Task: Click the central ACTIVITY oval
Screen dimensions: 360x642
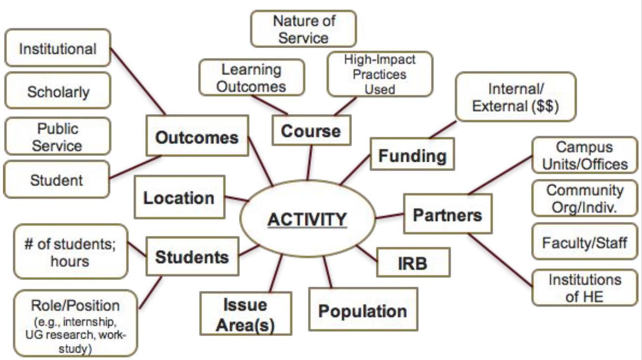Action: coord(307,219)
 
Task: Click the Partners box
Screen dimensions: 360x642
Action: coord(447,214)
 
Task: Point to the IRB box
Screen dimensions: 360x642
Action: coord(413,263)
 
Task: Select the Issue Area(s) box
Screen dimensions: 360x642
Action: coord(245,314)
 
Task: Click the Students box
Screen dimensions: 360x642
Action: coord(192,257)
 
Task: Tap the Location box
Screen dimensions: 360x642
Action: coord(179,197)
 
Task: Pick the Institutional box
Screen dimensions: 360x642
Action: coord(57,49)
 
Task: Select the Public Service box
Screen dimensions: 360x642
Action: coord(58,136)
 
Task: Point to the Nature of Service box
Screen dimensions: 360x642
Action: coord(303,29)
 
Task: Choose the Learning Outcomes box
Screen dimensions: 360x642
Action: coord(252,78)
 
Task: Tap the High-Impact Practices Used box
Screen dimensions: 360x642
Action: coord(380,74)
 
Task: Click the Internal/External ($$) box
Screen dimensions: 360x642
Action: coord(515,97)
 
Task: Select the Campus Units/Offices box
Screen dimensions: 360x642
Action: coord(585,155)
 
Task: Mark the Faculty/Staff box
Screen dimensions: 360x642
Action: coord(585,242)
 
